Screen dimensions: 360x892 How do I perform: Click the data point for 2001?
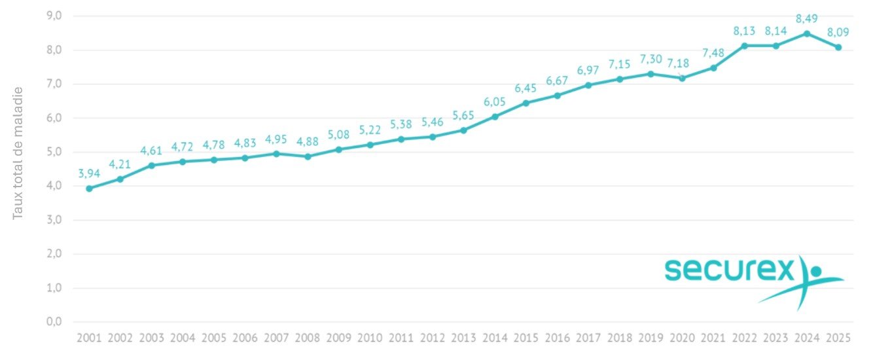point(89,189)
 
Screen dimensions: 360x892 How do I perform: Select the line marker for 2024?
point(807,33)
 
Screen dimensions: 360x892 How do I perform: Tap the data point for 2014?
point(495,117)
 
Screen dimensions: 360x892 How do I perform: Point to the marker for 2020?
point(682,78)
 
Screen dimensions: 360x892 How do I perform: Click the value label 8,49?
point(807,18)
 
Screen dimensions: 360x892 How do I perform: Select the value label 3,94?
point(89,173)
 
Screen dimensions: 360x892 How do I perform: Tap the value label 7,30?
point(651,59)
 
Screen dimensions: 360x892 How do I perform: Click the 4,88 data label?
point(308,141)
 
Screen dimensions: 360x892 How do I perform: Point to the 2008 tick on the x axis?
point(308,338)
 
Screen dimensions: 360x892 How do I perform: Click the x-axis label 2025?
point(838,338)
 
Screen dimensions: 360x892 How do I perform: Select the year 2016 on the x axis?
point(557,338)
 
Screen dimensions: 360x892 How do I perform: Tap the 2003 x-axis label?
point(151,338)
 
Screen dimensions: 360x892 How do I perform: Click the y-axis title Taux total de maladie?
point(18,153)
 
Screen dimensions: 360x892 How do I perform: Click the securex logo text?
point(728,270)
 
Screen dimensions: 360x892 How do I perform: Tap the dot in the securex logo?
point(815,270)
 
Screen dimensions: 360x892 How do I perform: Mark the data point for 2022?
point(744,46)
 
